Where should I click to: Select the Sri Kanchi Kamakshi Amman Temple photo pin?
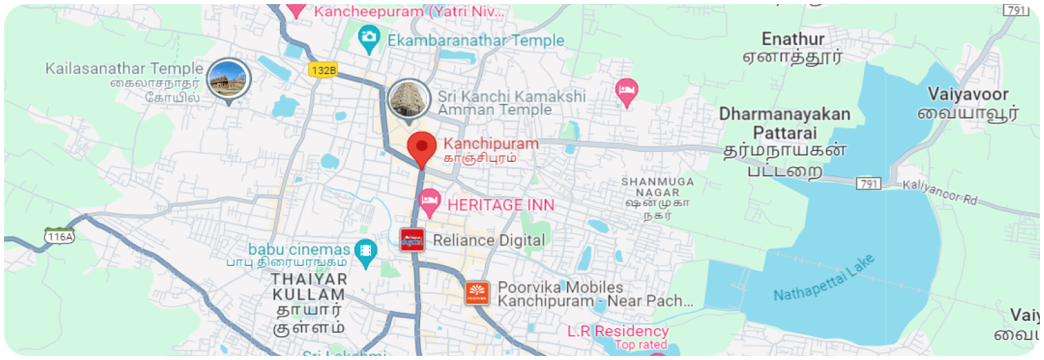coord(409,99)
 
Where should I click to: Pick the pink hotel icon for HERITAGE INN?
coord(429,201)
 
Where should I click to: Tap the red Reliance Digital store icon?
coord(412,239)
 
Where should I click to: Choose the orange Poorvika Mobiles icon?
coord(477,293)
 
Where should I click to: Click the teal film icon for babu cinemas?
coord(366,251)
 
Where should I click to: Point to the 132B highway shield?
coord(322,69)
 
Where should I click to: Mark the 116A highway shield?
coord(59,236)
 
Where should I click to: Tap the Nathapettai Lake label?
coord(824,278)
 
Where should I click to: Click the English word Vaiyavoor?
coord(968,94)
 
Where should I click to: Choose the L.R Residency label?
coord(617,331)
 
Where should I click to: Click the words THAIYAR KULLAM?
coord(309,287)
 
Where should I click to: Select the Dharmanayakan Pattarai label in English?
coord(784,122)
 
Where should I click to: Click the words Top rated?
coord(640,345)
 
